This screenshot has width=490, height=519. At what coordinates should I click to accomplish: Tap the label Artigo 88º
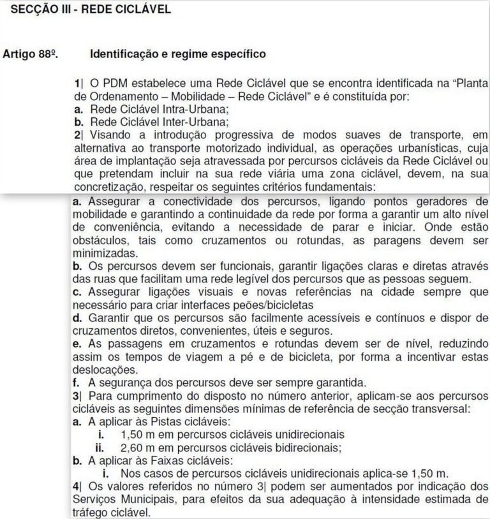tap(29, 54)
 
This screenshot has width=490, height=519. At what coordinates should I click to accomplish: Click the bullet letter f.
tap(77, 383)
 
